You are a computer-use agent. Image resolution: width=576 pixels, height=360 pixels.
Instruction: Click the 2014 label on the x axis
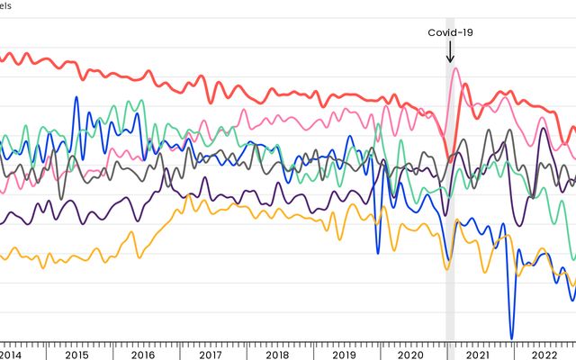[x=12, y=355]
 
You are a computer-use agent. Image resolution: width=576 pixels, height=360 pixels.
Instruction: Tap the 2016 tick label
[x=142, y=355]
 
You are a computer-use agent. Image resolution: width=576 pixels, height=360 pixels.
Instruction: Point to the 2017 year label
[x=209, y=355]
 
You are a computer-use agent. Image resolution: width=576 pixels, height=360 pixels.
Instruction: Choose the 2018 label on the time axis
[x=276, y=355]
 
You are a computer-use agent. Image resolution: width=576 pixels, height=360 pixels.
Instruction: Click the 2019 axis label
[x=343, y=355]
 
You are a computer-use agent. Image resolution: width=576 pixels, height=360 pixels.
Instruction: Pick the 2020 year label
[x=409, y=355]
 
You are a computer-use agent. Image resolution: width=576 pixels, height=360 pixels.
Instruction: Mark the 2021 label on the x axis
[x=477, y=355]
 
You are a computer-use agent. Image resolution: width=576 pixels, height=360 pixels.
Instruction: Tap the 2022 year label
[x=543, y=355]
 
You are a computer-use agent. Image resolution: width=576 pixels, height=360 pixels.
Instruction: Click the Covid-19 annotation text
[x=450, y=32]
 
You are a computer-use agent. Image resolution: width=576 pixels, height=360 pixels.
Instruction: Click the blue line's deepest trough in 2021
[x=512, y=337]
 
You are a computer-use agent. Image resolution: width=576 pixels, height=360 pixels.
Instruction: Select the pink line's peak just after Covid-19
[x=454, y=68]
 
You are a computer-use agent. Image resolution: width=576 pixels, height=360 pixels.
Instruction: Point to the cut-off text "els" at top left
[x=5, y=4]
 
